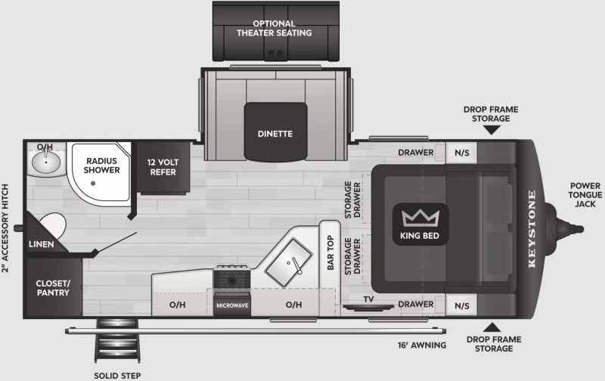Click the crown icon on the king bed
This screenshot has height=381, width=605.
pyautogui.click(x=420, y=218)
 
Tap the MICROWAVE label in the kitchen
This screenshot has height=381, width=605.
pyautogui.click(x=232, y=305)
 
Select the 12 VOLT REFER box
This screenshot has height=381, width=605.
pyautogui.click(x=163, y=167)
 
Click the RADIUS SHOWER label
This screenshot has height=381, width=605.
pyautogui.click(x=102, y=166)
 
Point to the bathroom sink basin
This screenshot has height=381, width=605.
pyautogui.click(x=46, y=162)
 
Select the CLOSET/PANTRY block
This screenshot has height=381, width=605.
pyautogui.click(x=53, y=288)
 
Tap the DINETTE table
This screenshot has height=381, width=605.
pyautogui.click(x=275, y=132)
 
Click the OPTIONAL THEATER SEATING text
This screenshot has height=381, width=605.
pyautogui.click(x=275, y=28)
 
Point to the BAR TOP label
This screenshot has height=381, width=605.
pyautogui.click(x=330, y=252)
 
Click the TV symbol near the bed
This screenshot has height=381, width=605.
pyautogui.click(x=368, y=307)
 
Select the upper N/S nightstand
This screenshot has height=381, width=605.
pyautogui.click(x=462, y=153)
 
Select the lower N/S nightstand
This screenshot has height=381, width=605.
pyautogui.click(x=462, y=306)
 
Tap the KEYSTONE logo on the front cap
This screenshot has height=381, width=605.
pyautogui.click(x=532, y=229)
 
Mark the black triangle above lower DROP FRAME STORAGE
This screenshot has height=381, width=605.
pyautogui.click(x=492, y=327)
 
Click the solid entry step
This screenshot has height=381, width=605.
pyautogui.click(x=117, y=340)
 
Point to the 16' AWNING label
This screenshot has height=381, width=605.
pyautogui.click(x=422, y=345)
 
